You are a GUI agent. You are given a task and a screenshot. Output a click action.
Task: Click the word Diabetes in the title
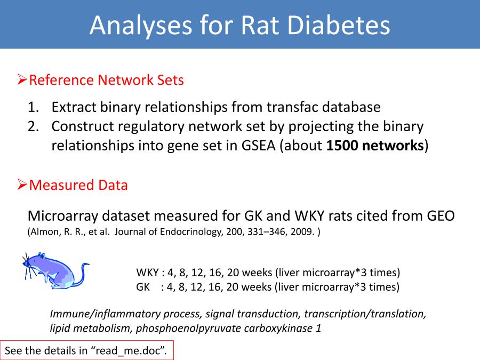point(338,25)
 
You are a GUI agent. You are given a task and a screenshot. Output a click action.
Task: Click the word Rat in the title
point(260,25)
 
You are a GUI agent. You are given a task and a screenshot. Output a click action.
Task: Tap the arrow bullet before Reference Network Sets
point(22,79)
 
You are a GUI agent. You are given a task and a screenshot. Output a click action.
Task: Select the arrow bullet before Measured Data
point(22,185)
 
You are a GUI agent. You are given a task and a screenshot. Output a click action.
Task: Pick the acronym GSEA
point(259,146)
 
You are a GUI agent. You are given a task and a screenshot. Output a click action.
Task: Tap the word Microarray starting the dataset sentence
point(63,216)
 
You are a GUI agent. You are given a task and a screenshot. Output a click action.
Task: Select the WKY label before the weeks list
point(147,273)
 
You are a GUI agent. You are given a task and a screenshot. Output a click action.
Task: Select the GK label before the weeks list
point(143,287)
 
